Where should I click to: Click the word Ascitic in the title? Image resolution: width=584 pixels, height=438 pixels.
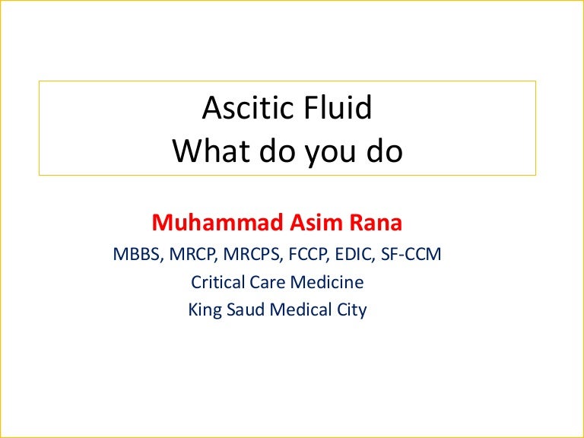[x=246, y=109]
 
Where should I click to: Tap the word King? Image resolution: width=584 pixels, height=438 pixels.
[x=204, y=310]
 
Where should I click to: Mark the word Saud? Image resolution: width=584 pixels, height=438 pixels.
[x=244, y=310]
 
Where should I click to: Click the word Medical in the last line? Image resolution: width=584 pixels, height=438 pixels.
[x=298, y=310]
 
